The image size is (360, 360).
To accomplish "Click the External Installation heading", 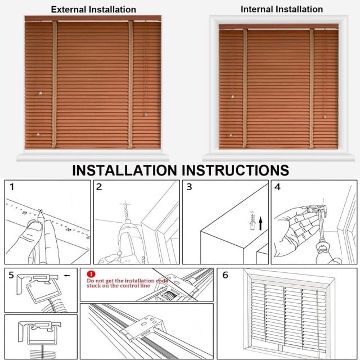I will pos(93,10).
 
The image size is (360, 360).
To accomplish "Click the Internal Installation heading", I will pos(281,9).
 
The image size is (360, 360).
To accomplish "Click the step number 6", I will pos(225,275).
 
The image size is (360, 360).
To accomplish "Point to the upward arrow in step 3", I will pos(260,224).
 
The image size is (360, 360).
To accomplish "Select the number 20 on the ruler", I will pos(69,229).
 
